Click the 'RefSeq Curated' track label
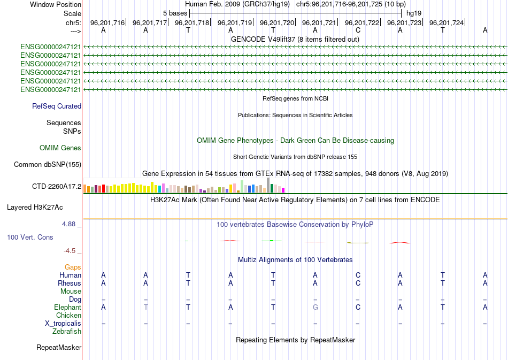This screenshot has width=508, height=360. tap(57, 106)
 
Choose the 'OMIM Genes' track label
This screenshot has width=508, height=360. tap(60, 148)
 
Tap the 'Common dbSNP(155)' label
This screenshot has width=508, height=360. tap(47, 165)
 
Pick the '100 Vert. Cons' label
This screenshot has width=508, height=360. tap(30, 237)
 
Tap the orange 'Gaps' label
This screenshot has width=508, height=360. tap(73, 267)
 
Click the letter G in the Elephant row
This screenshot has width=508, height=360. tap(315, 308)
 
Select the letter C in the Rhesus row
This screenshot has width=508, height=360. tap(358, 283)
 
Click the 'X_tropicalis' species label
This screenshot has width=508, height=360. tap(63, 324)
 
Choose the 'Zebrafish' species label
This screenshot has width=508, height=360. tap(67, 332)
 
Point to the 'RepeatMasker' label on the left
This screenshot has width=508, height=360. tap(59, 348)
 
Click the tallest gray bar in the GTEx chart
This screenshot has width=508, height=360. tap(268, 185)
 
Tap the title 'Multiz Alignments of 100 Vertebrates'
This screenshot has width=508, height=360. tap(295, 260)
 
